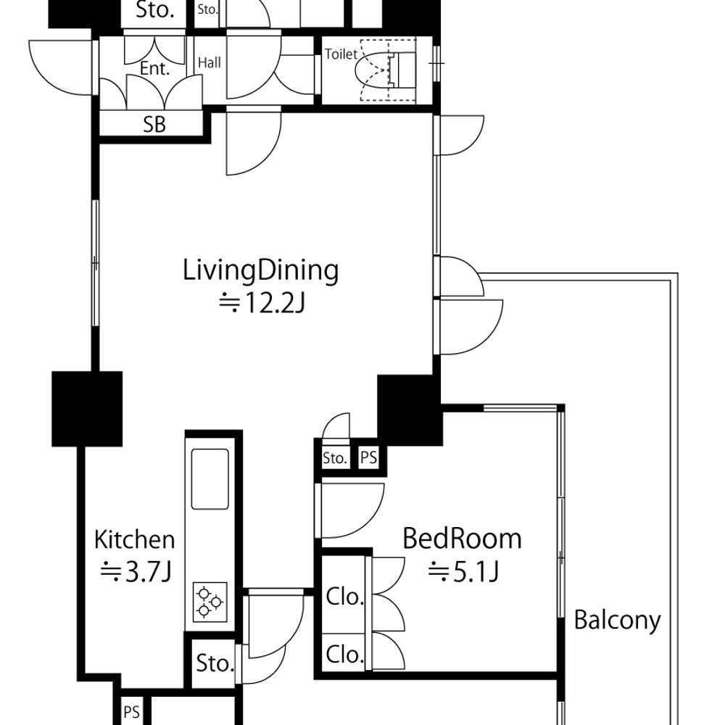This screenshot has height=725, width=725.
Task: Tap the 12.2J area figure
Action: pos(262,304)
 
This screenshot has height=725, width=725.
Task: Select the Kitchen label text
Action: pos(135,540)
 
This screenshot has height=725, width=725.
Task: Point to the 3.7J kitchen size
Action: pos(136,572)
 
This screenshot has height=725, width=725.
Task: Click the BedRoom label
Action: pos(462,539)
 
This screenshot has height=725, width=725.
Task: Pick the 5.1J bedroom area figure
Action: pos(463,572)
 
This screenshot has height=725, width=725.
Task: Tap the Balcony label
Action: pos(617,621)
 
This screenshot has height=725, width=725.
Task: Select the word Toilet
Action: pos(341,54)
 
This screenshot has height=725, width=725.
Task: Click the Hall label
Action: pos(210,62)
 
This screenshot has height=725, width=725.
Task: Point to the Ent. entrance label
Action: pos(155,69)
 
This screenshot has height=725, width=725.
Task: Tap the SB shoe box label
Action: pos(154,125)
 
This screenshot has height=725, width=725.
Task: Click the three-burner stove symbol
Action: pos(210,602)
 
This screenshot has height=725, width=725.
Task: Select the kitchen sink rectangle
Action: pos(210,479)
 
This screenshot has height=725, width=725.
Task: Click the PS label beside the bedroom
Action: pos(368,458)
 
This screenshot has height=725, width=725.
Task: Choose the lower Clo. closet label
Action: pos(345,654)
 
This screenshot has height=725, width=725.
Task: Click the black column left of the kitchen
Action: pos(87,409)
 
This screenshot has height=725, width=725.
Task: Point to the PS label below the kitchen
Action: pos(132,712)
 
